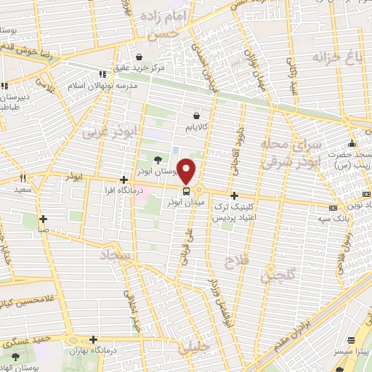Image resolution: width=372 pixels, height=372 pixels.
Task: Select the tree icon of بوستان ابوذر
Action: click(158, 160)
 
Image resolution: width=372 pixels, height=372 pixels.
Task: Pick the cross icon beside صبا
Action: click(44, 218)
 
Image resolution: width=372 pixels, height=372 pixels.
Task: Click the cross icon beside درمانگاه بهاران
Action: click(94, 339)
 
